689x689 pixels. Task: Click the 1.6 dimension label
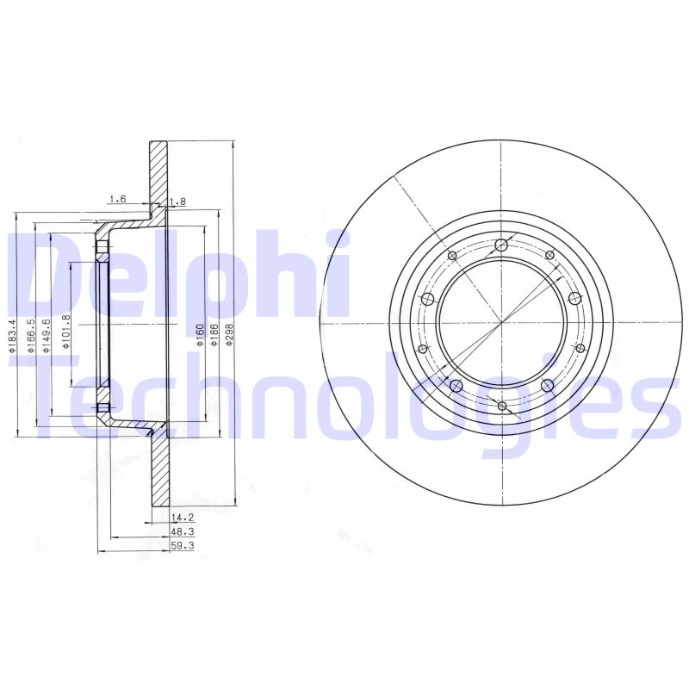pyautogui.click(x=117, y=200)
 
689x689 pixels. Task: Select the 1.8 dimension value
pyautogui.click(x=178, y=202)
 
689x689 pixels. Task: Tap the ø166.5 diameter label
pyautogui.click(x=31, y=334)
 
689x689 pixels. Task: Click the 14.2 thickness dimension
pyautogui.click(x=180, y=518)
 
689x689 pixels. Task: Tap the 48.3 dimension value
pyautogui.click(x=180, y=531)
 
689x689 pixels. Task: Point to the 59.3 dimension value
pyautogui.click(x=180, y=545)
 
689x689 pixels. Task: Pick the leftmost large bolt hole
pyautogui.click(x=427, y=299)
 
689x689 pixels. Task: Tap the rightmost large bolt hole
pyautogui.click(x=576, y=298)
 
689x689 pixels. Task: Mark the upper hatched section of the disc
pyautogui.click(x=158, y=172)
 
